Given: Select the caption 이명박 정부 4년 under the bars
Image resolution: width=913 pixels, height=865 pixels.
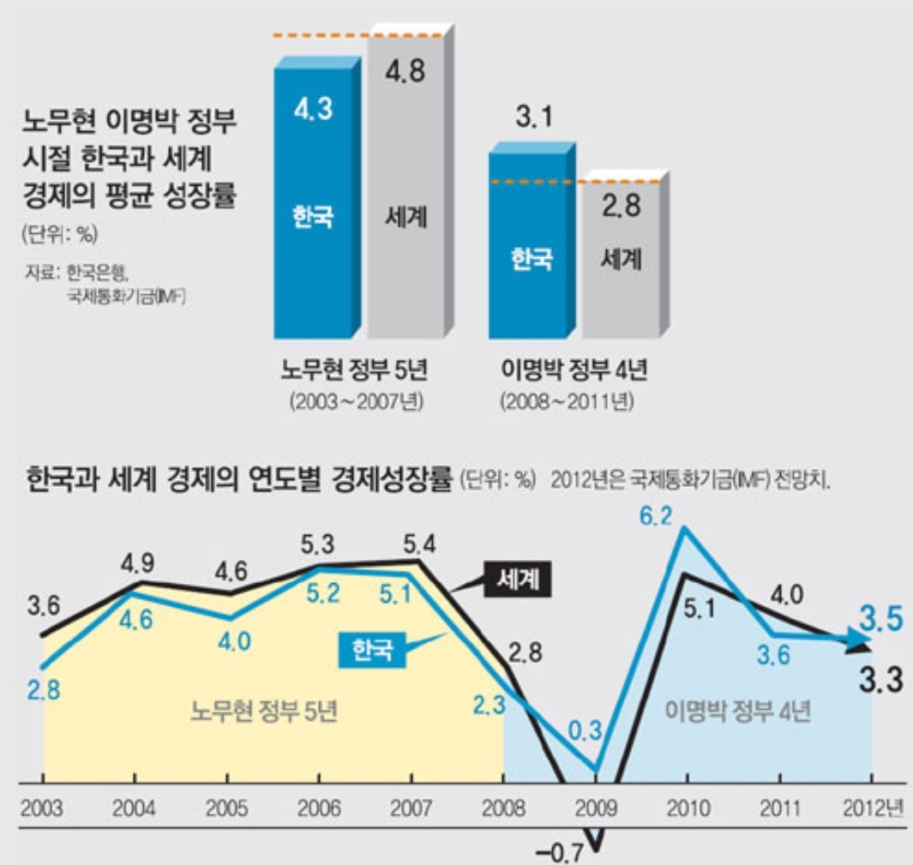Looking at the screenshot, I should (x=574, y=371).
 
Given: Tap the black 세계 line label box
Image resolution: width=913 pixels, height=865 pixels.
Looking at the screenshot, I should (x=519, y=581).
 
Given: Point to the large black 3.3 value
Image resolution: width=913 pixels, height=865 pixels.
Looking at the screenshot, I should (x=881, y=682).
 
